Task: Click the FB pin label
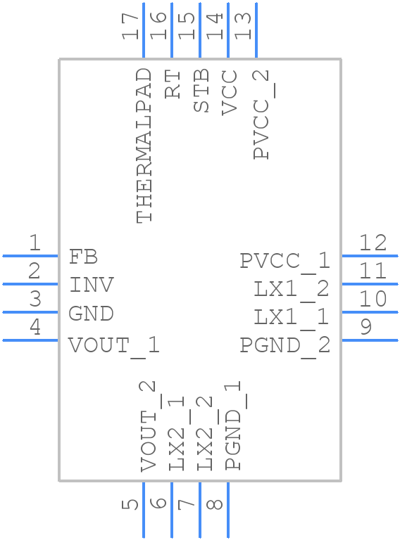pyautogui.click(x=83, y=257)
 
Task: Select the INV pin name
pyautogui.click(x=92, y=285)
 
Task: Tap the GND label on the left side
pyautogui.click(x=91, y=313)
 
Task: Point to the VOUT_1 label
pyautogui.click(x=114, y=345)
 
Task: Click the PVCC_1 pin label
pyautogui.click(x=285, y=261)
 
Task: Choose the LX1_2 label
pyautogui.click(x=292, y=289)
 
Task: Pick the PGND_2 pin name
pyautogui.click(x=285, y=345)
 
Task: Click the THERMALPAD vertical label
pyautogui.click(x=144, y=146)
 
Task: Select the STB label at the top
pyautogui.click(x=201, y=91)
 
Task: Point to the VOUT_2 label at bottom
pyautogui.click(x=148, y=426)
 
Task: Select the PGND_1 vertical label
pyautogui.click(x=233, y=425)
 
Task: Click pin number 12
pyautogui.click(x=373, y=243)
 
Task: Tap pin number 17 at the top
pyautogui.click(x=130, y=27)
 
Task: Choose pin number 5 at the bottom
pyautogui.click(x=130, y=504)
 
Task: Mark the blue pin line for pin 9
pyautogui.click(x=370, y=340)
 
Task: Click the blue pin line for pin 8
pyautogui.click(x=227, y=510)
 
